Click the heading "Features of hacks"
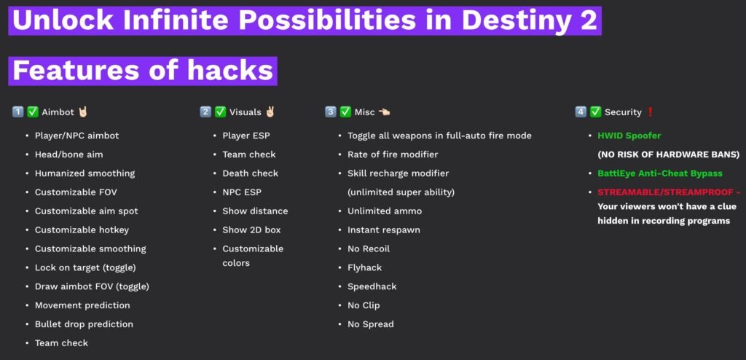pyautogui.click(x=143, y=71)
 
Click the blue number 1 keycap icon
pyautogui.click(x=17, y=112)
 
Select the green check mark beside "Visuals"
pyautogui.click(x=220, y=112)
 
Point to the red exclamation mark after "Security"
pyautogui.click(x=651, y=112)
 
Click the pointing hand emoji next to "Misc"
pyautogui.click(x=384, y=112)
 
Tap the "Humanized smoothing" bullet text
pyautogui.click(x=85, y=173)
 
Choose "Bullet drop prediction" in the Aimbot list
pyautogui.click(x=84, y=324)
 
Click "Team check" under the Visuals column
pyautogui.click(x=249, y=154)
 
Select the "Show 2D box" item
pyautogui.click(x=251, y=230)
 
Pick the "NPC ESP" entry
pyautogui.click(x=242, y=192)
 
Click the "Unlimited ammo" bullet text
pyautogui.click(x=385, y=211)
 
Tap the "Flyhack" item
pyautogui.click(x=364, y=267)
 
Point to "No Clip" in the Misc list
pyautogui.click(x=364, y=305)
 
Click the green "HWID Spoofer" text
pyautogui.click(x=629, y=136)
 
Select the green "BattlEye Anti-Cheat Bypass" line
pyautogui.click(x=660, y=173)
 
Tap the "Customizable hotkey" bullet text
pyautogui.click(x=82, y=230)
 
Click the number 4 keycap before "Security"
pyautogui.click(x=581, y=112)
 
